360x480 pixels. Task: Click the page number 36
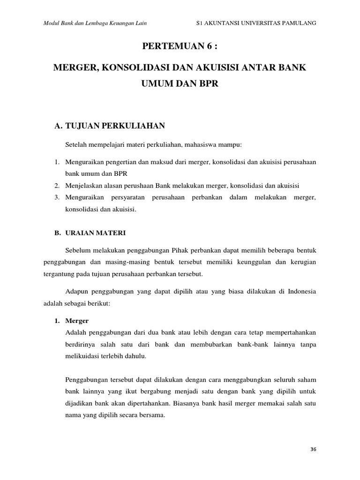[x=314, y=449]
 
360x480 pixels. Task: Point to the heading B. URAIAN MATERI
[x=90, y=232]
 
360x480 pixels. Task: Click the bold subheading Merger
[x=77, y=321]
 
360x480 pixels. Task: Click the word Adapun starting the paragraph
[x=79, y=292]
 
